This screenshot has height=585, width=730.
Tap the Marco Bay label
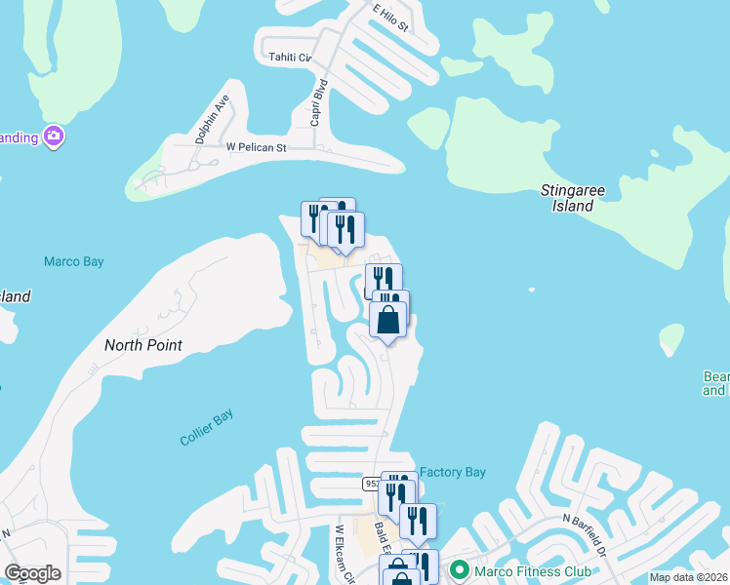73,261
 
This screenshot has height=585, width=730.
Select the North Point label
143,345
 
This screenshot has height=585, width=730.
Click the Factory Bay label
453,472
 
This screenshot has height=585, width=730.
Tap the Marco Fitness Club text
531,570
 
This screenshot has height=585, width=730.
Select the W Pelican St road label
256,147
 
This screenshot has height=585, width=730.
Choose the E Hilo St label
389,18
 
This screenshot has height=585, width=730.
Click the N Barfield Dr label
585,535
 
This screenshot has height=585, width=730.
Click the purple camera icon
54,136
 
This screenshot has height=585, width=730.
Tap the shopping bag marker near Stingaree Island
387,320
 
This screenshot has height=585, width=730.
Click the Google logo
32,573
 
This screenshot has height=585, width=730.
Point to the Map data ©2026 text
688,577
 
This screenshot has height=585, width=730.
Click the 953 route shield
372,484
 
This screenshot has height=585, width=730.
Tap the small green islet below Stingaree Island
670,338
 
